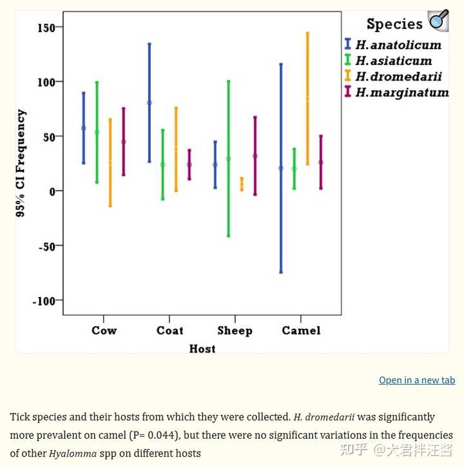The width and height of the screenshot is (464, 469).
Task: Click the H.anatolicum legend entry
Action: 393,44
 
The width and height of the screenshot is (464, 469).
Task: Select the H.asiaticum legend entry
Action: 388,61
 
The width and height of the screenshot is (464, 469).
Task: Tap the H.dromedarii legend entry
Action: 393,76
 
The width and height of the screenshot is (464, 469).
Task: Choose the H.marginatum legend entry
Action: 396,92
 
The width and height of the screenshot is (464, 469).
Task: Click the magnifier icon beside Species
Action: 438,20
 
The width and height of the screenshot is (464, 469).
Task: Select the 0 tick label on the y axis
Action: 53,191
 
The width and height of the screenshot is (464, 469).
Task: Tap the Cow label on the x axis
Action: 104,330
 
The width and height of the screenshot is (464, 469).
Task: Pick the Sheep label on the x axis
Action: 235,330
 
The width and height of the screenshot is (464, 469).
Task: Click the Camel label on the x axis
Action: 301,330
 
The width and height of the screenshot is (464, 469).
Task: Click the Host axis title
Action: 202,349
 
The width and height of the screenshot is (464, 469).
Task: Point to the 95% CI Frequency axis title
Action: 21,163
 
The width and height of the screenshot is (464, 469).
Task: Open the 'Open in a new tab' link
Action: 417,380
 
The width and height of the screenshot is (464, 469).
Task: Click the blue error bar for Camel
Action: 281,168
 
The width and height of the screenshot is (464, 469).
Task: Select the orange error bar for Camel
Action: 307,99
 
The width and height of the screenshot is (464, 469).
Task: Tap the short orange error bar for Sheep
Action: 242,184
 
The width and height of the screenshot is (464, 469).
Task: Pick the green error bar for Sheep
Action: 229,158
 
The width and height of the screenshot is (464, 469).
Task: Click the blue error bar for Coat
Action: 150,103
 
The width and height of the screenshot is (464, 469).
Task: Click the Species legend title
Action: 394,24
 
